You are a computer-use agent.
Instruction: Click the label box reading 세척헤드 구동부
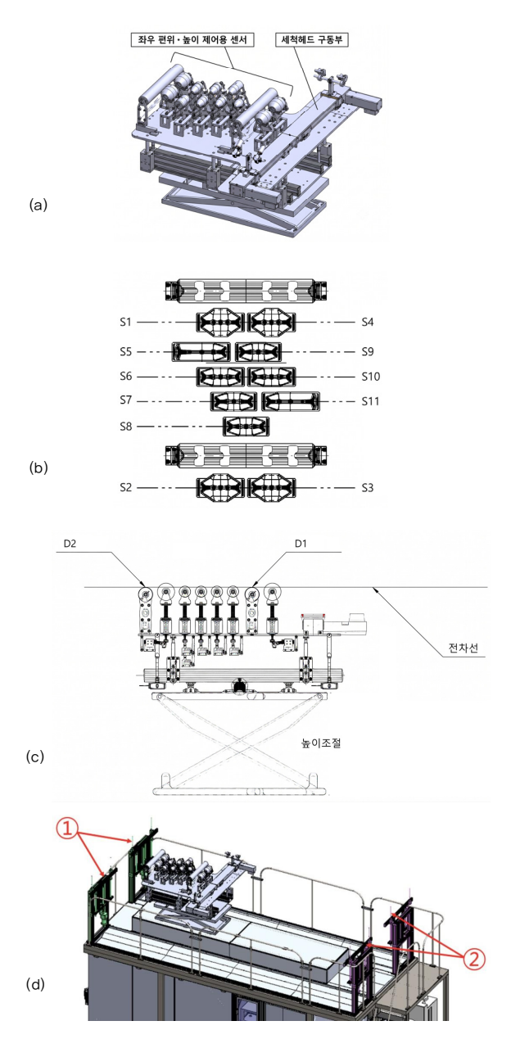coord(312,39)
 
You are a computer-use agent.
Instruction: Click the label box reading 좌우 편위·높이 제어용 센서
coord(192,39)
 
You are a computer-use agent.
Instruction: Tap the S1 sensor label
coord(126,322)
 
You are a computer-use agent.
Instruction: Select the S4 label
coord(368,322)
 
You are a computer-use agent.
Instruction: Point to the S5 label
coord(126,351)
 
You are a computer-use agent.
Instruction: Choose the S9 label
coord(368,351)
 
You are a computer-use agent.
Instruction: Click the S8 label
coord(126,427)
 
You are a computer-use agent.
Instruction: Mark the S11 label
coord(370,401)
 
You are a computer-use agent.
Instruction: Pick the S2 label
coord(126,487)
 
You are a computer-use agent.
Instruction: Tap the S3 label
coord(368,487)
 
